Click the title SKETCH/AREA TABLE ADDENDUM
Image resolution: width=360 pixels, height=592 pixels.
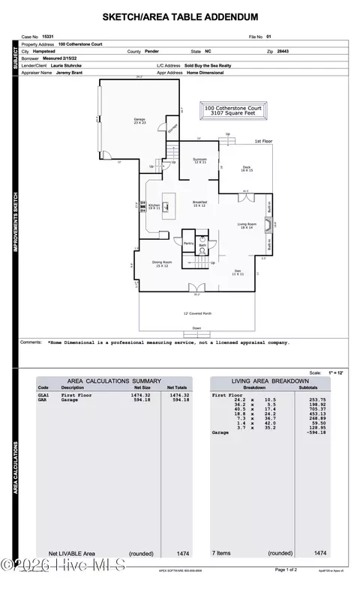(180, 16)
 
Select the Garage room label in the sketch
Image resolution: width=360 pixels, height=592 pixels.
(139, 121)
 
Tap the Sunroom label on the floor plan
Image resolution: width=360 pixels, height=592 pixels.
(199, 160)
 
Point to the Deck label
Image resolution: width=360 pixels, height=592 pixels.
(247, 169)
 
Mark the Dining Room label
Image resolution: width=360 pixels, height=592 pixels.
(163, 264)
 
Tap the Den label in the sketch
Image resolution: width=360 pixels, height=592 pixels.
(237, 272)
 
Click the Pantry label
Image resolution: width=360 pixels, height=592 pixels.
(188, 244)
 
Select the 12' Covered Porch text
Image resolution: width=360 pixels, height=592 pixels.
(197, 314)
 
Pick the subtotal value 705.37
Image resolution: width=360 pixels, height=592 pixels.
(318, 409)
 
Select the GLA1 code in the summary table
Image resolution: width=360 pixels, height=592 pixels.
(43, 394)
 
